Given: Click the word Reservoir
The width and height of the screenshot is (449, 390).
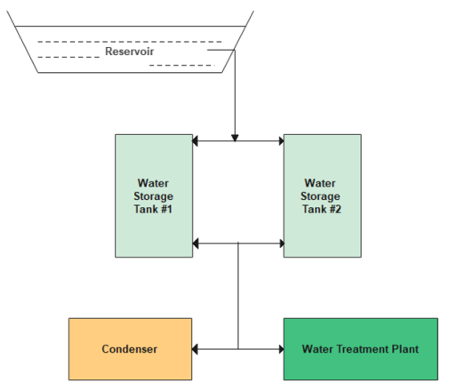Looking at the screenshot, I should tap(131, 51).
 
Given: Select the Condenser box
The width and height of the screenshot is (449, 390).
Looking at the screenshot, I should tap(130, 349).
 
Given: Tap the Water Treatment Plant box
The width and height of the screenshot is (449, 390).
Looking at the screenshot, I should tap(360, 349).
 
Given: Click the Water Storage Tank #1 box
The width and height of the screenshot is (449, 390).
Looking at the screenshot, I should tap(154, 195).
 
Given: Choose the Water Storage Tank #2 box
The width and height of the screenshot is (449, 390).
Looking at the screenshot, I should tap(321, 195).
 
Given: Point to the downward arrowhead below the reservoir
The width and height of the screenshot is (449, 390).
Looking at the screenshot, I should tap(235, 137).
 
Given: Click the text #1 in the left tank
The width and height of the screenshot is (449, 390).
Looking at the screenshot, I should tap(167, 209).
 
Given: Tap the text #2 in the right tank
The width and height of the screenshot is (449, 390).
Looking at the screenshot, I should tap(334, 209).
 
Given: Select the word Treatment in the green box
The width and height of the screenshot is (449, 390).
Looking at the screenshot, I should tap(365, 349).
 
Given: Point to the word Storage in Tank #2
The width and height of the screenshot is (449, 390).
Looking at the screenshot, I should tap(321, 196).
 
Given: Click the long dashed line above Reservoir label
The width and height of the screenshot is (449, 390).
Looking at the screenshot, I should tap(129, 41).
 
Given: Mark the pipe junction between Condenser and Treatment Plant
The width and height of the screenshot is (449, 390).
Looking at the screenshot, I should tap(238, 349).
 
